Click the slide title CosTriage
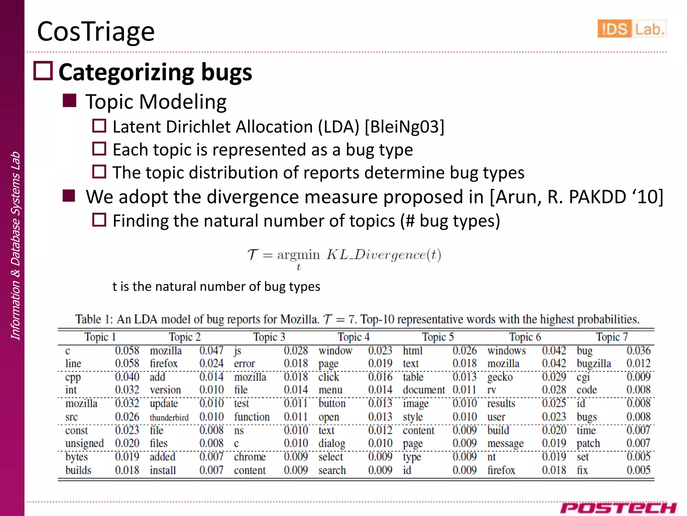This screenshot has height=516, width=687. pyautogui.click(x=96, y=32)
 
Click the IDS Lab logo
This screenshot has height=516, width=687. pyautogui.click(x=632, y=29)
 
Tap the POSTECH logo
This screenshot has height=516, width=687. pyautogui.click(x=618, y=508)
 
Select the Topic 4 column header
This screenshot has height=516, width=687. pyautogui.click(x=353, y=337)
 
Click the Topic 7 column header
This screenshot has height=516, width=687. pyautogui.click(x=612, y=337)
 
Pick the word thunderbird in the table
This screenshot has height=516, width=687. pyautogui.click(x=169, y=417)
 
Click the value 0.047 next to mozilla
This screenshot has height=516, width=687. pyautogui.click(x=211, y=351)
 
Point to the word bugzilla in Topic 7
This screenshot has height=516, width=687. pyautogui.click(x=594, y=364)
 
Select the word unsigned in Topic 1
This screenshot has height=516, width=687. pyautogui.click(x=85, y=443)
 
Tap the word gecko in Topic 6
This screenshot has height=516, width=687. pyautogui.click(x=500, y=377)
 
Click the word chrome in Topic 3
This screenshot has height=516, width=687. pyautogui.click(x=250, y=457)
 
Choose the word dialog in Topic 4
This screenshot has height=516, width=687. pyautogui.click(x=332, y=443)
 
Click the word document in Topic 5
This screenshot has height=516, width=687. pyautogui.click(x=424, y=390)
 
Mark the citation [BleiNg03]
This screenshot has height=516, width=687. pyautogui.click(x=404, y=127)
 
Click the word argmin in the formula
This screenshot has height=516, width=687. pyautogui.click(x=298, y=255)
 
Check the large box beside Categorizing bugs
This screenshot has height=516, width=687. pyautogui.click(x=43, y=71)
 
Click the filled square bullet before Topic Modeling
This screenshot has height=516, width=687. pyautogui.click(x=69, y=100)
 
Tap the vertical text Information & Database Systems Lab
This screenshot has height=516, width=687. pyautogui.click(x=15, y=246)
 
